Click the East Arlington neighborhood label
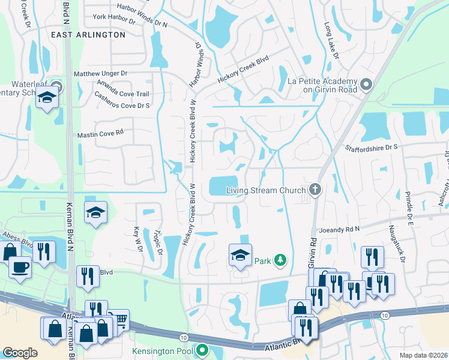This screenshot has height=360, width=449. [x=88, y=35]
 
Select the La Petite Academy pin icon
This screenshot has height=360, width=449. [x=366, y=85]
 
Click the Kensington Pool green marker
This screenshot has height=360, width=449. [x=203, y=349]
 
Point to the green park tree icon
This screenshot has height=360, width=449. [x=279, y=260]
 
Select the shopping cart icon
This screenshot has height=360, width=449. [x=119, y=321]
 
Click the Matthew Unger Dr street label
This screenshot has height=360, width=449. [x=101, y=74]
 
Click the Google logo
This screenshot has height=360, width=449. [x=20, y=353]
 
